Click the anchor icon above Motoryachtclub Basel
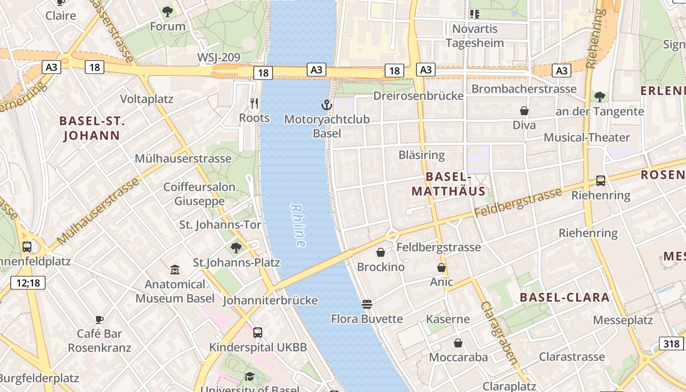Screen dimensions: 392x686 tap(326, 104)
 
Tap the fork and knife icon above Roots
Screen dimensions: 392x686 tap(254, 103)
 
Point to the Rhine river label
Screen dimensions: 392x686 tap(298, 225)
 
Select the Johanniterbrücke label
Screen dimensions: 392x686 tap(270, 300)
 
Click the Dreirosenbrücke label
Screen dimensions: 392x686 tap(418, 96)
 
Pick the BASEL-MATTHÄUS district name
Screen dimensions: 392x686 tap(448, 184)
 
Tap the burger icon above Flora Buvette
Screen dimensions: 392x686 tap(367, 304)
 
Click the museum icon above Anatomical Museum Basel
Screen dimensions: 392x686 tap(175, 269)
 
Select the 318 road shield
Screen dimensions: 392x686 tap(671, 343)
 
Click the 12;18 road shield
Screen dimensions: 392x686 tap(28, 282)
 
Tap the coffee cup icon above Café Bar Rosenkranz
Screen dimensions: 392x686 tap(99, 319)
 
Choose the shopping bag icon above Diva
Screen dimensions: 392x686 tap(524, 111)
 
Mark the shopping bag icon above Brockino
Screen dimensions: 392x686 tap(381, 252)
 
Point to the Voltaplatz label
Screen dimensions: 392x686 tap(147, 99)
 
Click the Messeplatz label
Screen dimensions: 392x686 tap(623, 320)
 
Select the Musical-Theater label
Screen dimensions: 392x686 tap(587, 137)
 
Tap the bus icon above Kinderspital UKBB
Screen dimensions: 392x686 tap(258, 333)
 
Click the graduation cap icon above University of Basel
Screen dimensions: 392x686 tap(250, 376)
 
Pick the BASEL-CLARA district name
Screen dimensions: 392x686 tap(564, 297)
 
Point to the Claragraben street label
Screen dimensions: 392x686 tap(499, 333)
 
